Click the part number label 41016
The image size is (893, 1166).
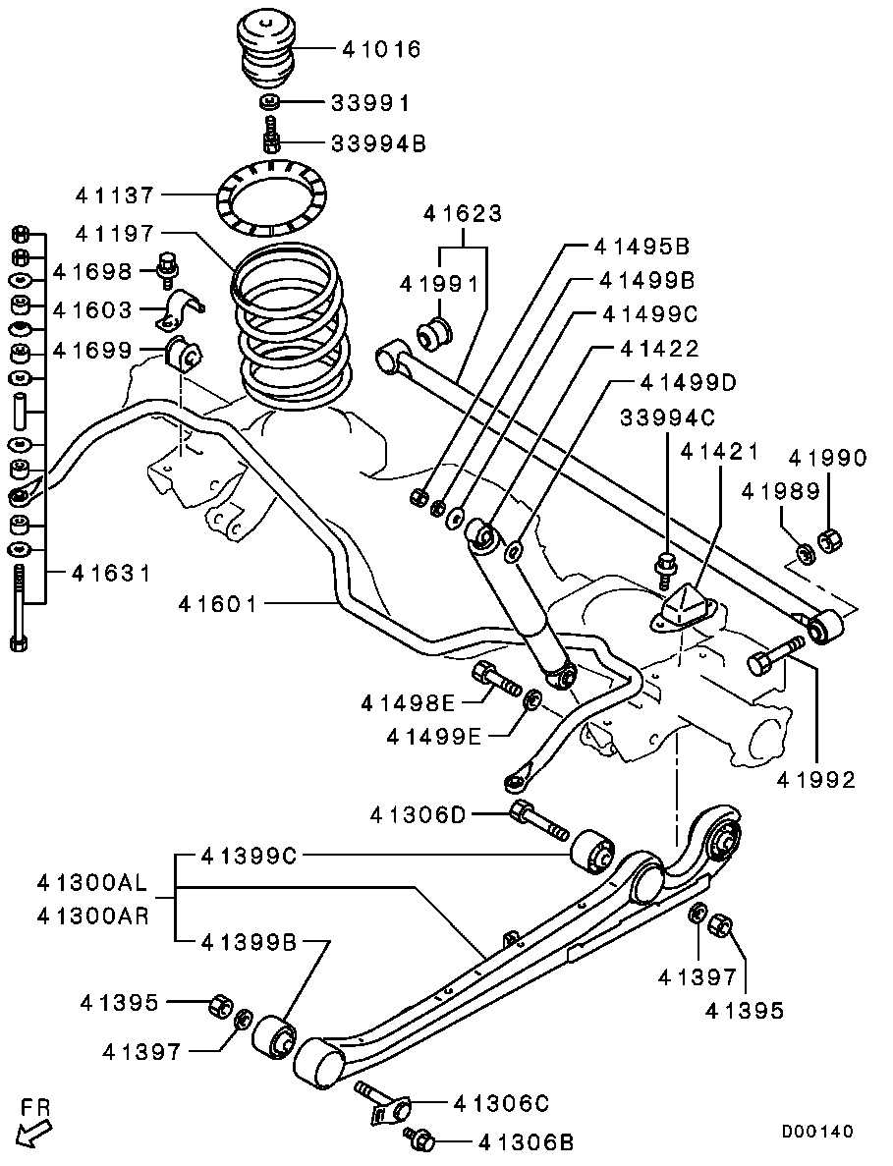381,50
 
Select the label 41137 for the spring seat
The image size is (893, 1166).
115,196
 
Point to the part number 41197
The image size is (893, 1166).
115,234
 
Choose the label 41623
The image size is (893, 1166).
463,214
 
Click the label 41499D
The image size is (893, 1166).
687,383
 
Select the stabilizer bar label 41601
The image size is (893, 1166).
219,604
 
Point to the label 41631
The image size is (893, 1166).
112,573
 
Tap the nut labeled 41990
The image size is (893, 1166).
829,540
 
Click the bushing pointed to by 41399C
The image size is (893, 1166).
592,850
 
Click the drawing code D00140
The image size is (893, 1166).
817,1131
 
